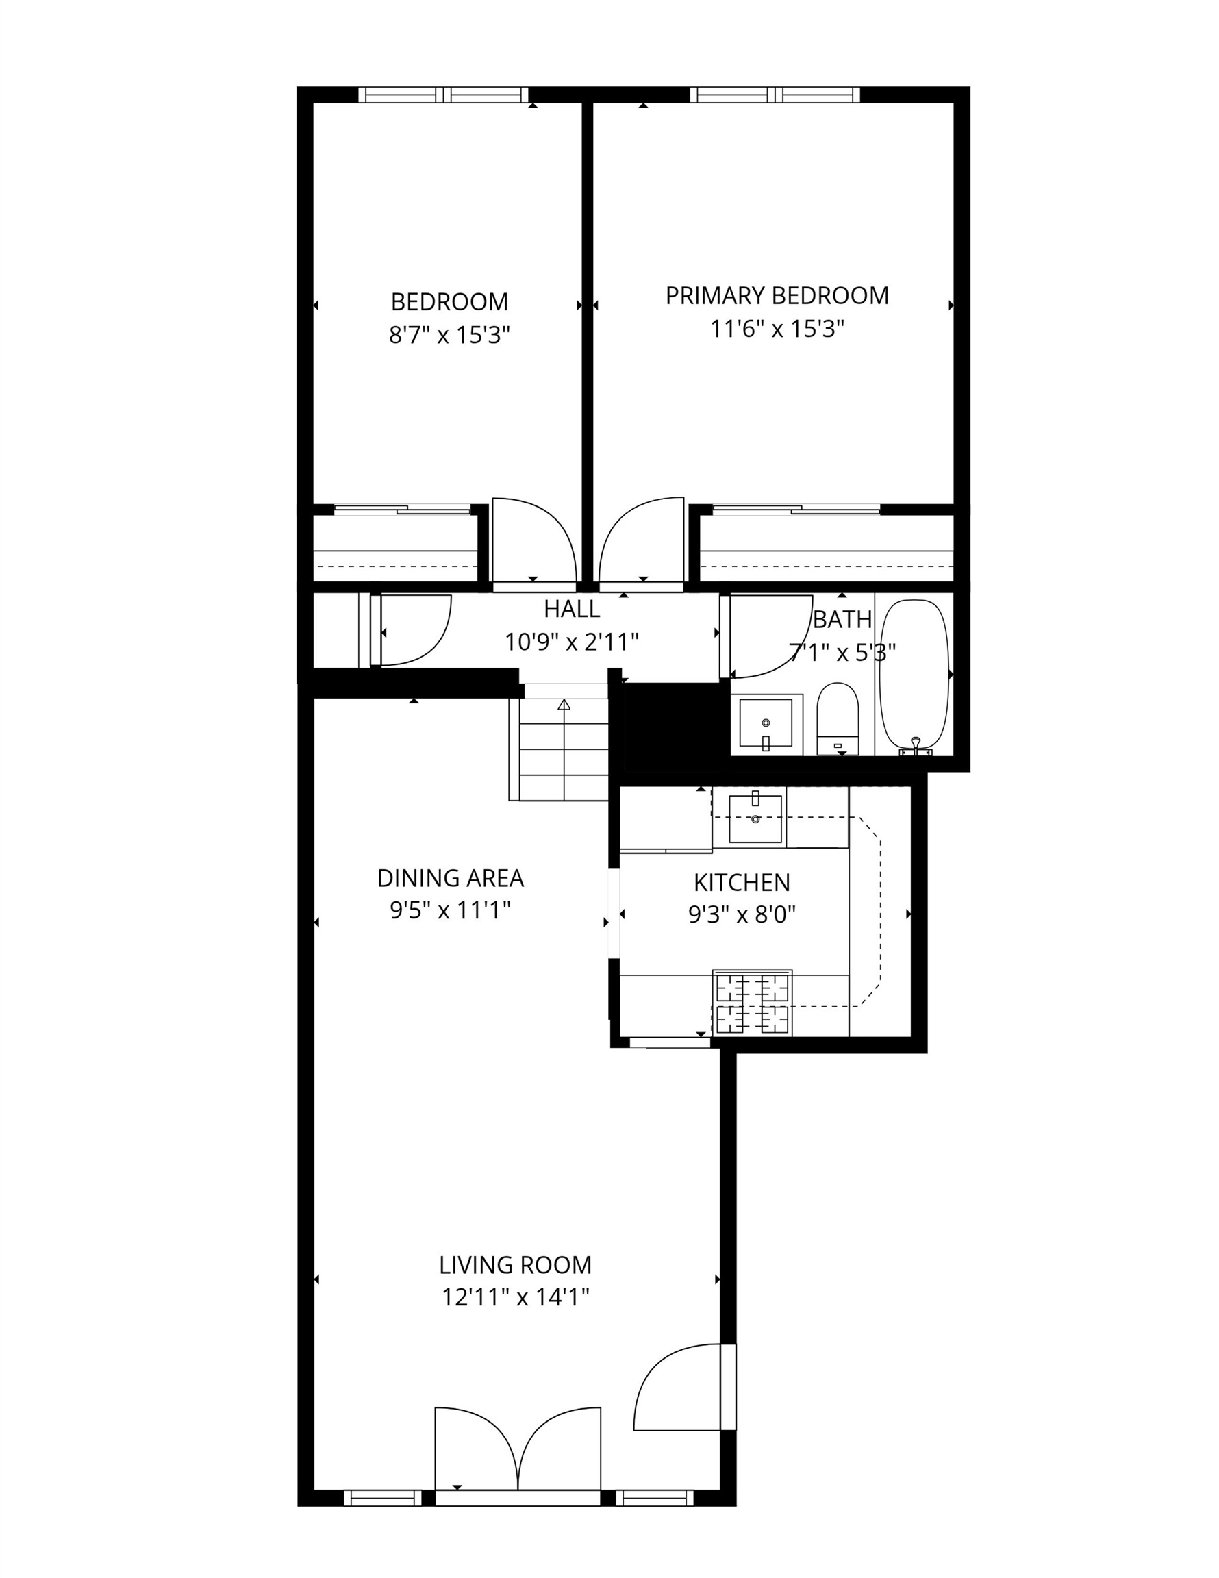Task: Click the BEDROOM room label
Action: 449,301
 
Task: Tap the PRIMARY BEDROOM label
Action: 777,295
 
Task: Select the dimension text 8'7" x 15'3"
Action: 449,334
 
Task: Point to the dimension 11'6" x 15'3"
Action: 777,329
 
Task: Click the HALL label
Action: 572,609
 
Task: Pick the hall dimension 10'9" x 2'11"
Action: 572,642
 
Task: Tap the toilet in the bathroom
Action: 838,719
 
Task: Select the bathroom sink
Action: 766,723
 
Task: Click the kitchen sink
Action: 756,818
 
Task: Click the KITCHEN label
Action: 742,882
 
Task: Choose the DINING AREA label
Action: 450,878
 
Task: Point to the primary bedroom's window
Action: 775,95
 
